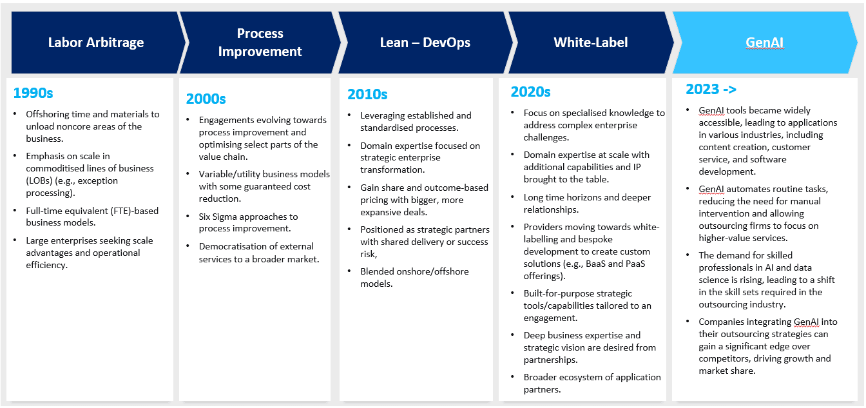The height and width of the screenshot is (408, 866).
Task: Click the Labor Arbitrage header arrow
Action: (96, 43)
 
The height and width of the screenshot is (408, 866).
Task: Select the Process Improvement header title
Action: (260, 43)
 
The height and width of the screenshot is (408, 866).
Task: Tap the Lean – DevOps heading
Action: (425, 43)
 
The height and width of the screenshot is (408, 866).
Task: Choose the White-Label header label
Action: (590, 43)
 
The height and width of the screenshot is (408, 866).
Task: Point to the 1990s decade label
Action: (33, 93)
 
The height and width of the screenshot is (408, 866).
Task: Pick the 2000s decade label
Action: (206, 99)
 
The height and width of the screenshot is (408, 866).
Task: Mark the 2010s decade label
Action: (367, 94)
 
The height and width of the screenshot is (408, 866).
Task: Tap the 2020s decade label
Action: (530, 92)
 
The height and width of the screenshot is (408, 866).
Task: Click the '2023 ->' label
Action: (711, 89)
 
